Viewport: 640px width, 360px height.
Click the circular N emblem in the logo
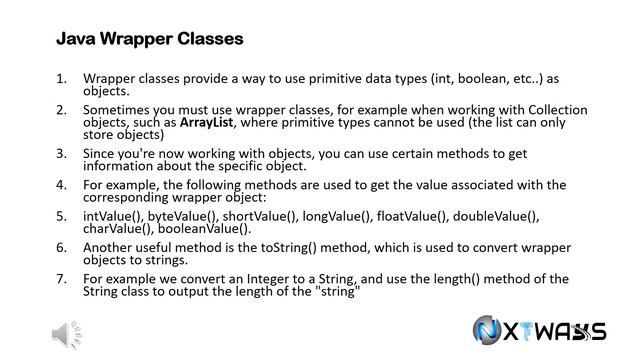[x=490, y=332]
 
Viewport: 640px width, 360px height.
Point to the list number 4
[x=61, y=185]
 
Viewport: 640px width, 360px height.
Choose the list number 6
[x=61, y=247]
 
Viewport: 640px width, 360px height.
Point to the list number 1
[x=61, y=77]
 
